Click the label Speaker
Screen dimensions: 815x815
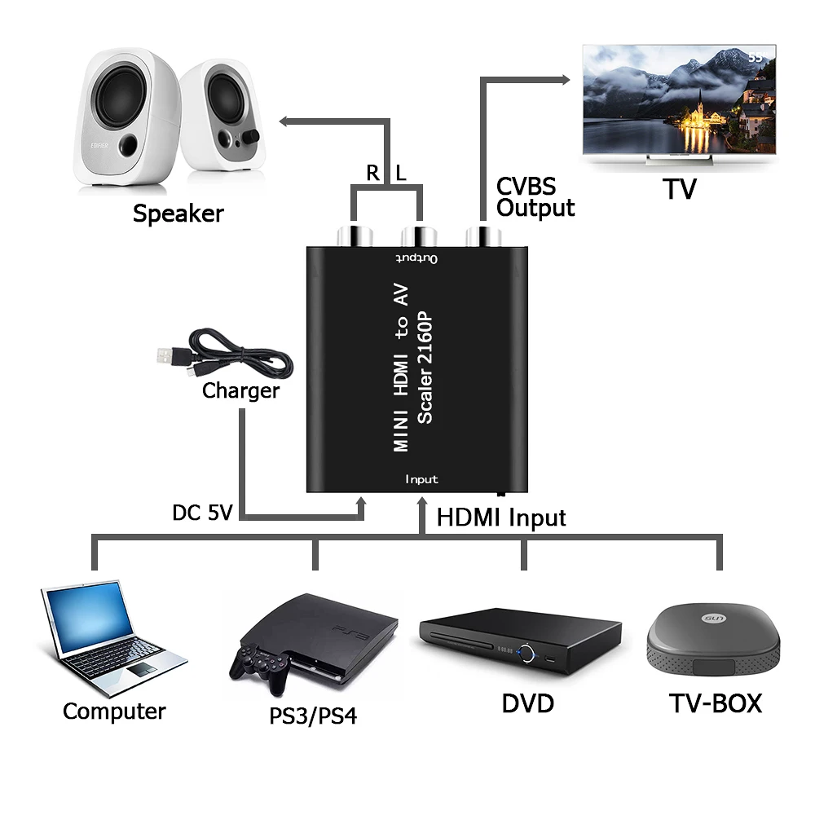click(178, 214)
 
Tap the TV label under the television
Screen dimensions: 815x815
click(679, 189)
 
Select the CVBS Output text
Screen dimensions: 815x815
click(535, 198)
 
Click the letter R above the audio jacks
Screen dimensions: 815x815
click(372, 173)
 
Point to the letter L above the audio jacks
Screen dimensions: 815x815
click(400, 173)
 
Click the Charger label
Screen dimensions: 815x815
click(240, 391)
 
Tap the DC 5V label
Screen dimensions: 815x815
click(202, 513)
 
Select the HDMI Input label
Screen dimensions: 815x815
click(501, 518)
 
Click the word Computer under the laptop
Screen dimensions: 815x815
click(114, 711)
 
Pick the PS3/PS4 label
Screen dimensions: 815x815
click(313, 717)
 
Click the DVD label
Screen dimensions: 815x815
click(527, 703)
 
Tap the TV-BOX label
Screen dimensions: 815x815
click(716, 703)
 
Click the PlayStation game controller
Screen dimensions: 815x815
click(261, 664)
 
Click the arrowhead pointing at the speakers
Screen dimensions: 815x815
click(285, 121)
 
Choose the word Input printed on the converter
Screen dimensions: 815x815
click(421, 479)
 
